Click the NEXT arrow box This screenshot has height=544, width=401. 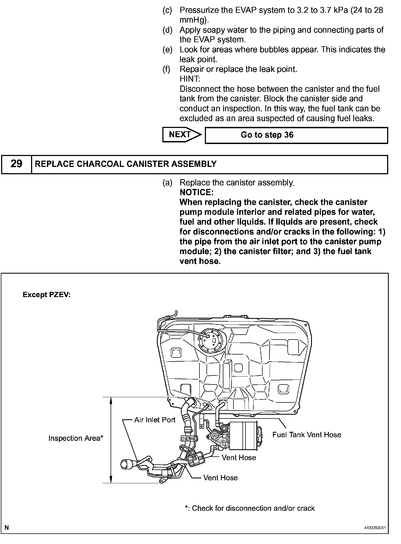[181, 135]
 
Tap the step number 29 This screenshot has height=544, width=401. [16, 164]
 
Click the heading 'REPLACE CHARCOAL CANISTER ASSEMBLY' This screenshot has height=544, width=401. [126, 164]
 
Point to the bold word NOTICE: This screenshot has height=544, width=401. [196, 192]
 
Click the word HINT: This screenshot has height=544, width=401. [190, 79]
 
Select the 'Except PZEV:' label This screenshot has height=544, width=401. [47, 295]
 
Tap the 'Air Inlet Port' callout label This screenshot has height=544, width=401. [155, 420]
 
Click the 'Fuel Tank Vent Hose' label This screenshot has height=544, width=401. [307, 435]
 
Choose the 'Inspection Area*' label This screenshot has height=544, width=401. [76, 438]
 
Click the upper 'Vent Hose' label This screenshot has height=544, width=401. [239, 457]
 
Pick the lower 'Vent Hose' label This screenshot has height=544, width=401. [220, 478]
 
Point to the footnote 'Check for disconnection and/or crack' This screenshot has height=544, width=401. [250, 508]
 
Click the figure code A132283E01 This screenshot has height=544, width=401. [375, 528]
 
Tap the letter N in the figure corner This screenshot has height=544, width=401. [7, 528]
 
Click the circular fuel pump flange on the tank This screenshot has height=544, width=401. [211, 341]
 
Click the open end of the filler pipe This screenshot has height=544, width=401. [126, 464]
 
